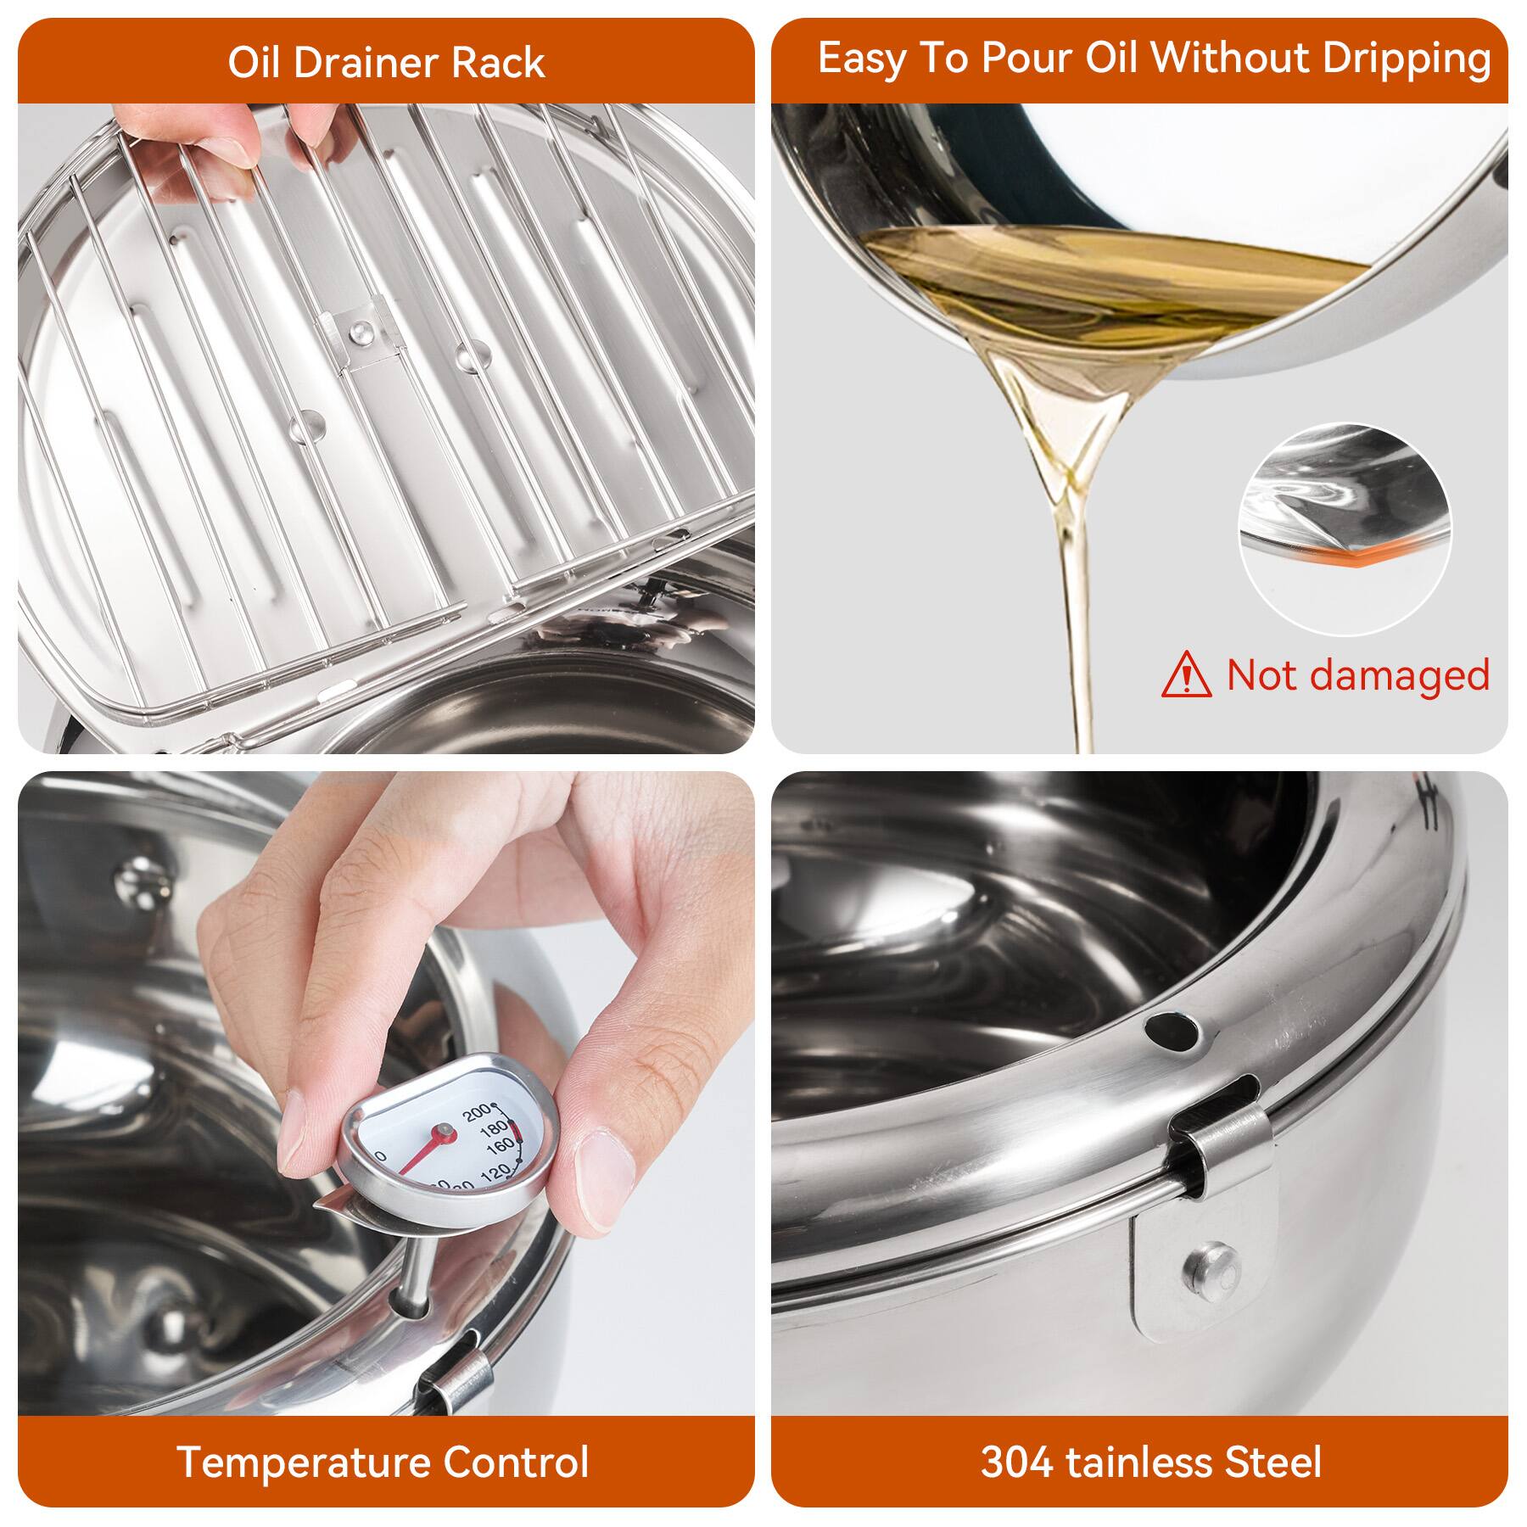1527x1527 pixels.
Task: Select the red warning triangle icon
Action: tap(1187, 675)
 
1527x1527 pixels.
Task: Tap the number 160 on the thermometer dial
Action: tap(501, 1146)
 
